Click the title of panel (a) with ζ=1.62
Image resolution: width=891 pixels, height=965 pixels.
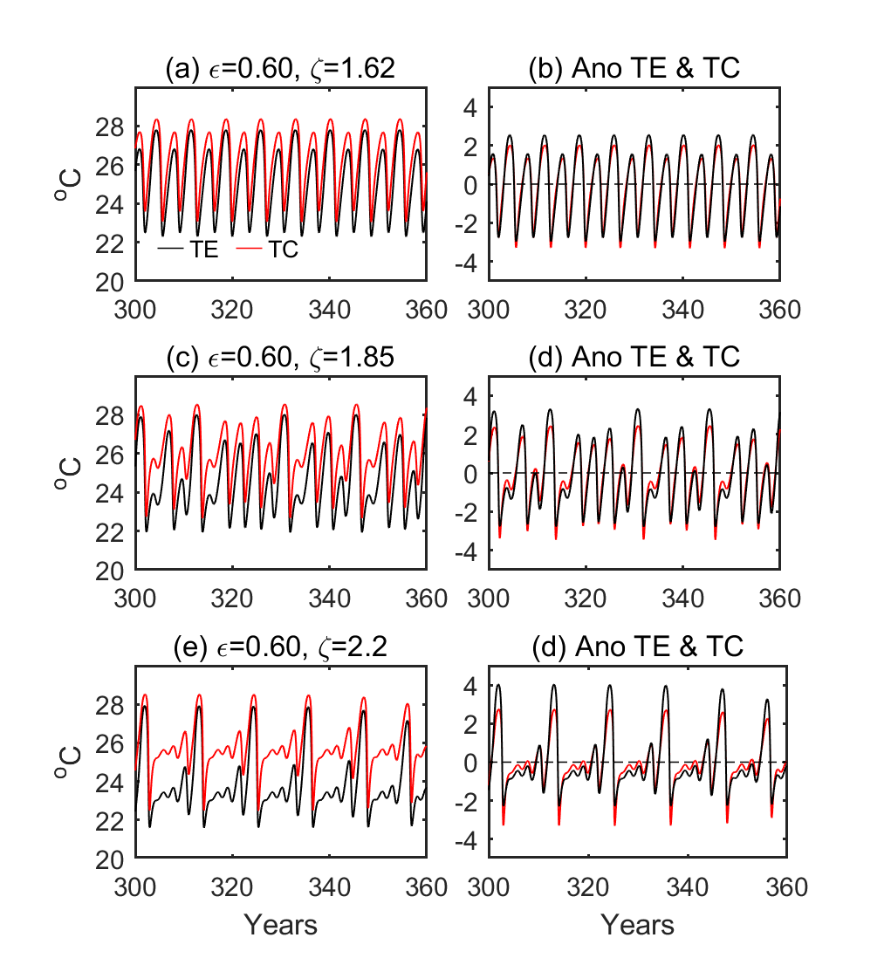coord(280,68)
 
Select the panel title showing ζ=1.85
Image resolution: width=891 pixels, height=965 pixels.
coord(280,358)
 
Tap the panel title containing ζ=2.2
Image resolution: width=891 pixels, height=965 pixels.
coord(280,647)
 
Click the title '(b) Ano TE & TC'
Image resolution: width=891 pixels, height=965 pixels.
coord(634,68)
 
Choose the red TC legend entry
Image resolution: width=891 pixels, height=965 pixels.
coord(269,249)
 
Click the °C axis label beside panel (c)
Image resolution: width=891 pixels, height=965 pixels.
coord(69,474)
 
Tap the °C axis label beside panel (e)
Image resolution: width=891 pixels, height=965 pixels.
coord(69,763)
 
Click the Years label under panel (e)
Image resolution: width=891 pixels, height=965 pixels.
coord(280,924)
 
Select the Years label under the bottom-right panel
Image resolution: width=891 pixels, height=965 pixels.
coord(637,924)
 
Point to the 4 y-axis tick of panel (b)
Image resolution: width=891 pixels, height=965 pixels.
coord(469,108)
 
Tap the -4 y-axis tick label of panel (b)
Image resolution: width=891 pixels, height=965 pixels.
coord(463,262)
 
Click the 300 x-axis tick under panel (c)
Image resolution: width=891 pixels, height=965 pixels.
coord(135,599)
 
